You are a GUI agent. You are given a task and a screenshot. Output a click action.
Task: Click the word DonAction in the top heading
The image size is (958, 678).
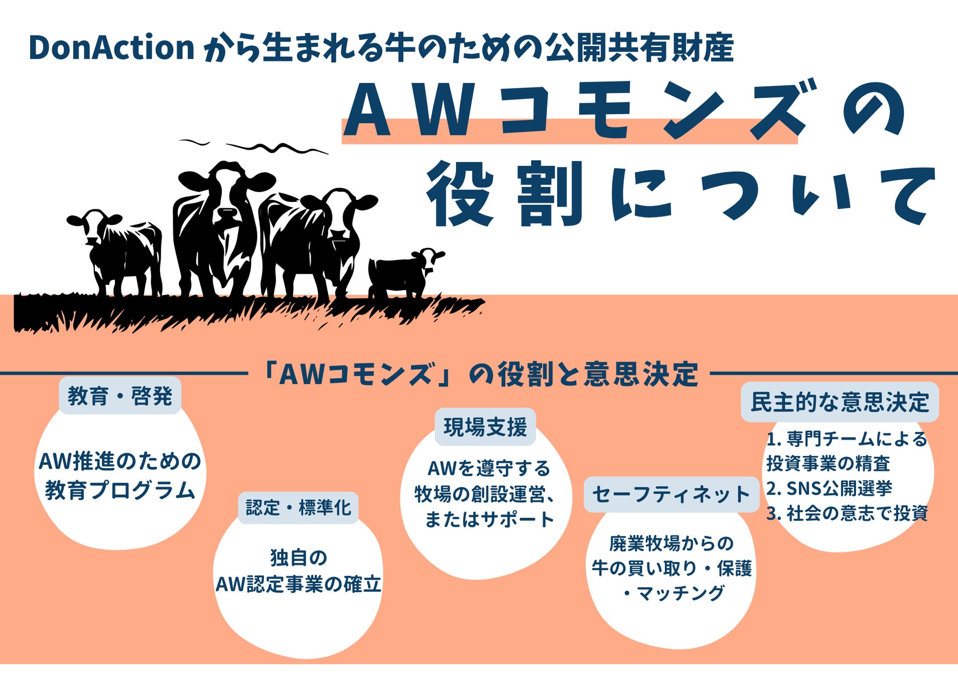click(x=112, y=48)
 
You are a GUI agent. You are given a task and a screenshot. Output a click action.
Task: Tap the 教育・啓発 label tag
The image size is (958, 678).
click(x=120, y=396)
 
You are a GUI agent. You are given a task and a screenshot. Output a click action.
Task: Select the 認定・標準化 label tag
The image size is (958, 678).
click(x=298, y=508)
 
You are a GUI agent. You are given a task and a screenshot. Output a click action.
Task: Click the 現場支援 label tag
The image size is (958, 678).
click(x=485, y=427)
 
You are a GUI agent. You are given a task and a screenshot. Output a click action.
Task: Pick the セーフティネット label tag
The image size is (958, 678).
click(x=671, y=494)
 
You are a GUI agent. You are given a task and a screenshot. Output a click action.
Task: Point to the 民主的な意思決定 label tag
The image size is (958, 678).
click(x=840, y=402)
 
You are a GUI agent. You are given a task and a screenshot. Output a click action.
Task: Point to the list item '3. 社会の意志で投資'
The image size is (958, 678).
click(x=847, y=513)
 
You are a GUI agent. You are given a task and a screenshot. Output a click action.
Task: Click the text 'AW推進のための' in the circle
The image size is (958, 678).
click(x=120, y=461)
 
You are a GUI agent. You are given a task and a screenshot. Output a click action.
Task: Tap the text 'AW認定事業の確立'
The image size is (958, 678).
click(x=299, y=584)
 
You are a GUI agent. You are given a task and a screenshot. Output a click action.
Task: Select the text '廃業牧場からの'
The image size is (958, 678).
click(x=671, y=543)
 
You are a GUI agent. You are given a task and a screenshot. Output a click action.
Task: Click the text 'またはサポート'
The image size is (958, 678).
click(x=489, y=519)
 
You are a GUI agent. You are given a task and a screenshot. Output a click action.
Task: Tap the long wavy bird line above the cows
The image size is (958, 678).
click(x=277, y=147)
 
